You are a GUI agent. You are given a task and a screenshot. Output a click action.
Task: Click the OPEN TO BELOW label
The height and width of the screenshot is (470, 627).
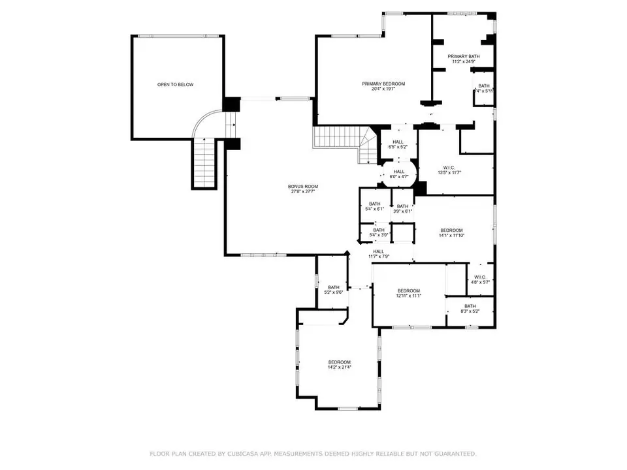(175, 85)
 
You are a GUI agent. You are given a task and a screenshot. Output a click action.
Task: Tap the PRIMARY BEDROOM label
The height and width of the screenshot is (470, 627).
(384, 84)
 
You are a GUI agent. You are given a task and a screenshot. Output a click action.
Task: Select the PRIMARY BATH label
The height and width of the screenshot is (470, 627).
(464, 57)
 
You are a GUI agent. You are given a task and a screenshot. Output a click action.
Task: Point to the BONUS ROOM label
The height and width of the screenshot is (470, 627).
(302, 187)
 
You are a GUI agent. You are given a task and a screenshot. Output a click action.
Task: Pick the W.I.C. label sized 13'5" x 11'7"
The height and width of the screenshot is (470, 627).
(449, 166)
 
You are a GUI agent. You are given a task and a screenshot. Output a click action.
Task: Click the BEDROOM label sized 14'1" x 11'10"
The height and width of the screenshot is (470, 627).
(451, 230)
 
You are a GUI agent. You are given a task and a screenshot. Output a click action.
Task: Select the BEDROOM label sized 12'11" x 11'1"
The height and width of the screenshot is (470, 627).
(408, 290)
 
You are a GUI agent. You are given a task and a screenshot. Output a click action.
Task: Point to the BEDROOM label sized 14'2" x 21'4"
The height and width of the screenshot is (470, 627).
(340, 362)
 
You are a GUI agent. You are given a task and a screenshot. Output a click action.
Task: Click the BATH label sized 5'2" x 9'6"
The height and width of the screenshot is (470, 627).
(334, 287)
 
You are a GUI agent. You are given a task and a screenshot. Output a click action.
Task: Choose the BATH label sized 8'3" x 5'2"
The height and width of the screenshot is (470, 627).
(470, 306)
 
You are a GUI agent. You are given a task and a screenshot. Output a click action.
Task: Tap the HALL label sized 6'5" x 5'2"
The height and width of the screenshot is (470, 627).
(398, 142)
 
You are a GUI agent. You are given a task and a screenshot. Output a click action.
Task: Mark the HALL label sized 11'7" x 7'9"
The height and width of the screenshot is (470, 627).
(379, 251)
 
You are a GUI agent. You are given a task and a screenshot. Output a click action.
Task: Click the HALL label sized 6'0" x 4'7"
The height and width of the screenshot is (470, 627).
(399, 172)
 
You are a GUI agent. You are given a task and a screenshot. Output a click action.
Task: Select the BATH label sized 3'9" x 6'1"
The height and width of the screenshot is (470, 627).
(402, 206)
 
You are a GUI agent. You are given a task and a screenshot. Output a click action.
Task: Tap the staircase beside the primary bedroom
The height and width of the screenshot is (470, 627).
(340, 139)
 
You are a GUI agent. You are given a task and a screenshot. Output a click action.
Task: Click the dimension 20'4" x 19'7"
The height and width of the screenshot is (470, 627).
(384, 89)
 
